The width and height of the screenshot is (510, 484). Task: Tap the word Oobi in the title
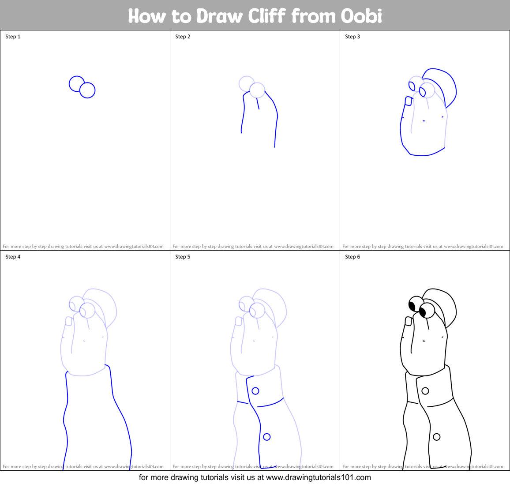361,16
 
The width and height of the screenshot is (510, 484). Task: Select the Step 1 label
13,37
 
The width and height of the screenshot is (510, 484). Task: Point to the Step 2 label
183,37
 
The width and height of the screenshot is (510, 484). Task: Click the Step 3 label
352,37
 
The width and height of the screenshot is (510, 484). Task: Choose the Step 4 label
13,257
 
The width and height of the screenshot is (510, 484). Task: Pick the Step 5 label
183,257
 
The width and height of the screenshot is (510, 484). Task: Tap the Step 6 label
352,257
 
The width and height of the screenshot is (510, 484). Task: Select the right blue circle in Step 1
87,90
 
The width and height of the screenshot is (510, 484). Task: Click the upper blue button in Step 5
255,391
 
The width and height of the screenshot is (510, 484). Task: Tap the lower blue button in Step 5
266,437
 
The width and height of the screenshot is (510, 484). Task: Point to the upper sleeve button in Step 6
425,391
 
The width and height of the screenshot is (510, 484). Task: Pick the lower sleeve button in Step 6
436,437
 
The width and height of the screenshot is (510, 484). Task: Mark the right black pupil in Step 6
423,312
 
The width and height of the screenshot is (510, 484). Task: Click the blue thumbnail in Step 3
408,101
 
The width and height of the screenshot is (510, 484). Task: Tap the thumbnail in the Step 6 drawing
408,322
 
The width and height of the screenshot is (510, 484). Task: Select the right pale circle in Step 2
257,90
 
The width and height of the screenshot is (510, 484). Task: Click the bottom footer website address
319,477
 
